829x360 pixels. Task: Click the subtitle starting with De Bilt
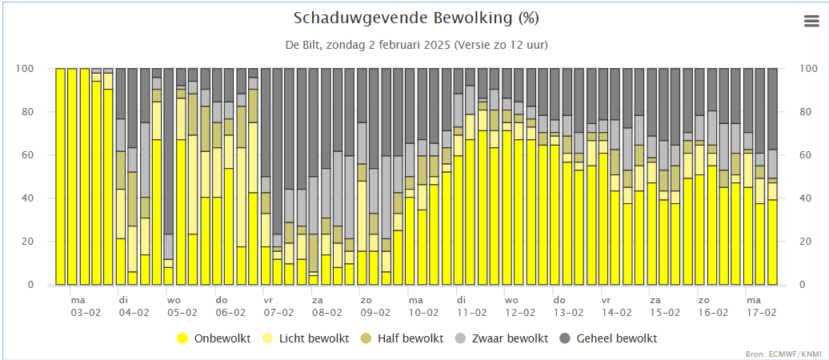pos(416,45)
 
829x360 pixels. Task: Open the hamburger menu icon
pos(811,22)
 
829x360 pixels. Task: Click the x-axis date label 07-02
pos(278,313)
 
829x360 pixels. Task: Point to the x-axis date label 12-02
pos(520,313)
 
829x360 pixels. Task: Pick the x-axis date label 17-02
pos(761,313)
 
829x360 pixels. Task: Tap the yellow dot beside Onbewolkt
pos(182,338)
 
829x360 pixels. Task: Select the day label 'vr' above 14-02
pos(606,300)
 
